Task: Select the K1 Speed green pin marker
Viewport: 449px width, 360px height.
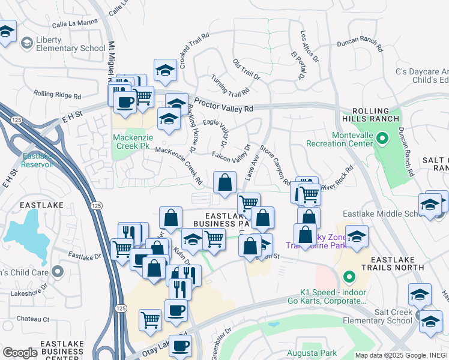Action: pyautogui.click(x=348, y=277)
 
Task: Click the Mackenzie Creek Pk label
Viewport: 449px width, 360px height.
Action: pyautogui.click(x=131, y=141)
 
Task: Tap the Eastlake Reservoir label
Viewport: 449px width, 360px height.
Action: pyautogui.click(x=38, y=160)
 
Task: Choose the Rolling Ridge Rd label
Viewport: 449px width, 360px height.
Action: pyautogui.click(x=57, y=94)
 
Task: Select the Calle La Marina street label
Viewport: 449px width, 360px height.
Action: pyautogui.click(x=74, y=24)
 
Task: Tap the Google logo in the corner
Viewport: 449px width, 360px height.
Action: pyautogui.click(x=20, y=353)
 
